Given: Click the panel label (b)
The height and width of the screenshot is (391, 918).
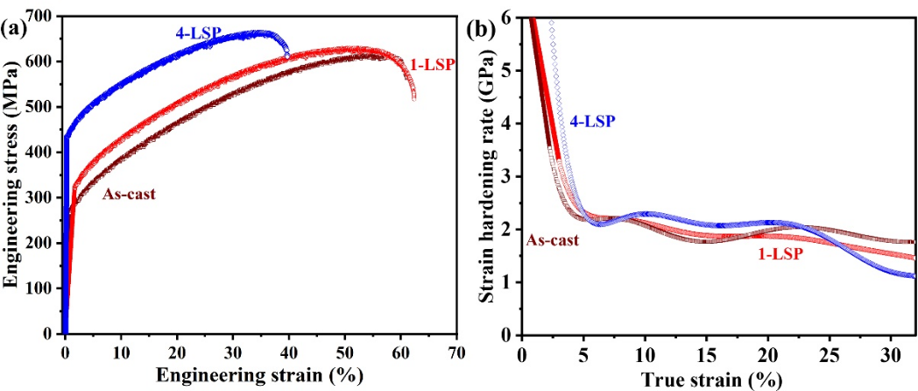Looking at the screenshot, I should point(483,27).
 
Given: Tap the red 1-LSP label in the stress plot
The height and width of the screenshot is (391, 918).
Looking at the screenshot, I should point(432,64).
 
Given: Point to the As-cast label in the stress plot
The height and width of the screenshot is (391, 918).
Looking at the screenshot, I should point(129,195).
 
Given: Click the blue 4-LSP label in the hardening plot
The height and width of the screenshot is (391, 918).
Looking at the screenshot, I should point(593,122).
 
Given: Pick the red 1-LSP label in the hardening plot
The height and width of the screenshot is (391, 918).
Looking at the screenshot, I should point(780,254).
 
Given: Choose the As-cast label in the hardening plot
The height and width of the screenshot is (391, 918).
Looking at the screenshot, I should point(552,238).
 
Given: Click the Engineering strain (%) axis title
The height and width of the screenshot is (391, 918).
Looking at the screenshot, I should point(259,377).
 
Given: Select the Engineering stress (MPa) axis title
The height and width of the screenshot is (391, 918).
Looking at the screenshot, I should point(11,174).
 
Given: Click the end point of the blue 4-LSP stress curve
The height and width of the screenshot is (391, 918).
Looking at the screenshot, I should point(287,55).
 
